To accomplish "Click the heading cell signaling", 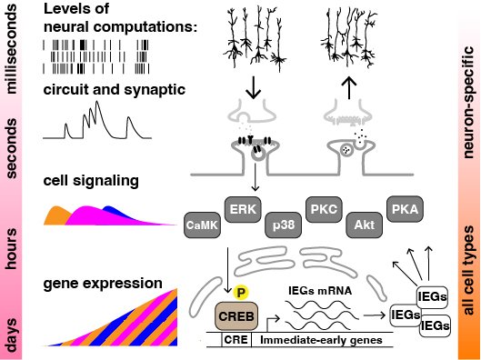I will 90,180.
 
